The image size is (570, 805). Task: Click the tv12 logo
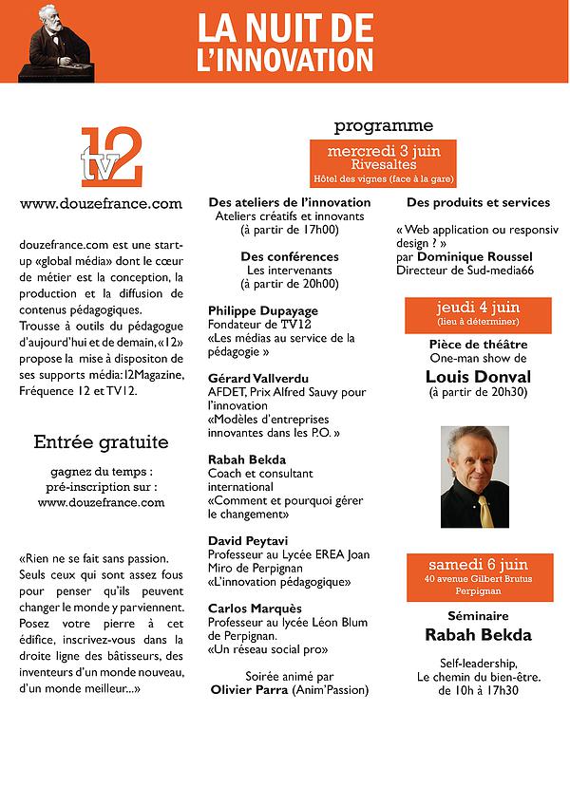(x=111, y=157)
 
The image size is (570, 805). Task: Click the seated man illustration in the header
(x=60, y=43)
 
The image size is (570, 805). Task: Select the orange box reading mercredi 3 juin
(x=383, y=163)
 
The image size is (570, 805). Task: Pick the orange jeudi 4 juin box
(x=478, y=314)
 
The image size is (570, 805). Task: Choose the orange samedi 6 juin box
(x=479, y=576)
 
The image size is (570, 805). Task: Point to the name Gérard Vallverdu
(x=257, y=378)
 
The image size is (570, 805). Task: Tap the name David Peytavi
(x=248, y=540)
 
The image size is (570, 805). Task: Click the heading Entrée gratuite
(x=101, y=441)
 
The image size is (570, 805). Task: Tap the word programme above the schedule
(x=384, y=125)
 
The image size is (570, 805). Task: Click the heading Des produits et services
(x=478, y=202)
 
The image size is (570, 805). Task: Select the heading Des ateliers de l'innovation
(x=289, y=202)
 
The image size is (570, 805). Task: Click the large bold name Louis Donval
(x=478, y=376)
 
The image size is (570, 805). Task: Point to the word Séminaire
(x=479, y=616)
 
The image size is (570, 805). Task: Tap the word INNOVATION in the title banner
(x=284, y=61)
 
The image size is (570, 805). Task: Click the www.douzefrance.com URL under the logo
(x=101, y=203)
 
